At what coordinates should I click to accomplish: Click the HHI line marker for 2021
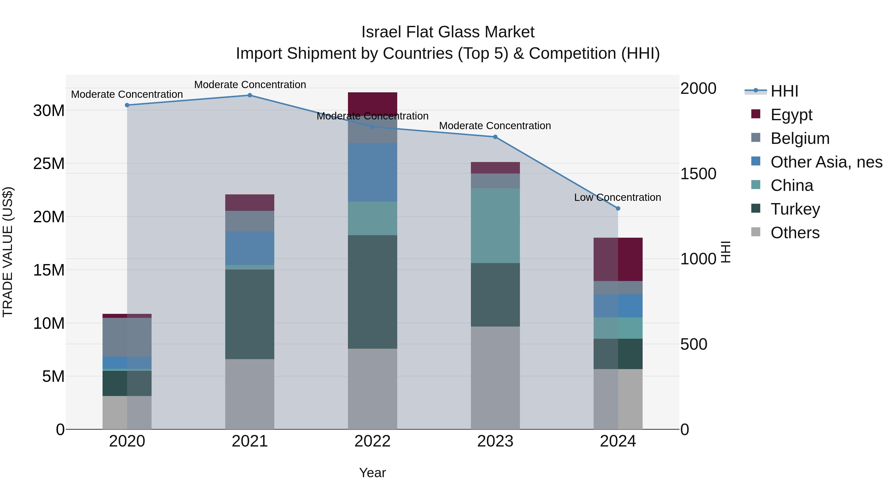pos(250,95)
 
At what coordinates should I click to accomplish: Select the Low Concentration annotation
pos(617,198)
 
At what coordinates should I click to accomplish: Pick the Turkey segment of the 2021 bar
pos(250,314)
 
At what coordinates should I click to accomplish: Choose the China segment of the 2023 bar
pos(495,225)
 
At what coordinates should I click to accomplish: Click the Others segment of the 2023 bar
pos(495,378)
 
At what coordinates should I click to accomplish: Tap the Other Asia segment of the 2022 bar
pos(373,172)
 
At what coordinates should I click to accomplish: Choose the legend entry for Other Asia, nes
pos(826,162)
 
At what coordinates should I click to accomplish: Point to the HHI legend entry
pos(784,91)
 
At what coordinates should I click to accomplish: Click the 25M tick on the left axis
pos(49,164)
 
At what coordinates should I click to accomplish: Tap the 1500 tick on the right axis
pos(698,173)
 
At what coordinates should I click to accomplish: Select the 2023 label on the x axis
pos(495,441)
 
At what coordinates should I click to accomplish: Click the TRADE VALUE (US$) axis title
pos(8,252)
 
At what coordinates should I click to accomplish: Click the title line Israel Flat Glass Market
pos(448,32)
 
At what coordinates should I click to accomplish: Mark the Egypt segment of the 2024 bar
pos(618,260)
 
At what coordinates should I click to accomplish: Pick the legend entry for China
pos(792,186)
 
